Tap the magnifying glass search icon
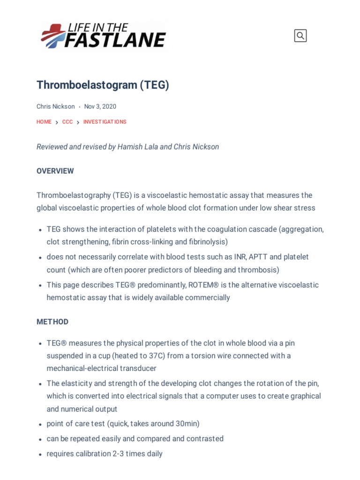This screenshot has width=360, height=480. pos(300,36)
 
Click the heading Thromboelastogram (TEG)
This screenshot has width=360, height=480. pos(103,85)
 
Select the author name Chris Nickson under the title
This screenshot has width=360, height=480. pos(55,106)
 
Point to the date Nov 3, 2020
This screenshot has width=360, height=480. pos(100,106)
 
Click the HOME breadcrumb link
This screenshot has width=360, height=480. pos(44,122)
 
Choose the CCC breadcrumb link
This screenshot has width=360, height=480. pos(67,122)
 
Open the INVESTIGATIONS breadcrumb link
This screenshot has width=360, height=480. pos(105,122)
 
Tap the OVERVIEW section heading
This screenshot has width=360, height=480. pos(55,171)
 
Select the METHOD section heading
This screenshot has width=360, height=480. pos(52,322)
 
